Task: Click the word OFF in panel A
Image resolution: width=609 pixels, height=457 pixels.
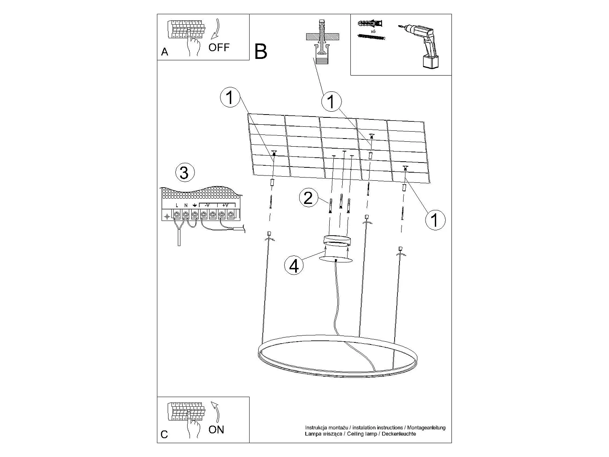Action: coord(219,48)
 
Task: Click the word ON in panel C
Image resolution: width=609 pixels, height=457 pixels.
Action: coord(216,430)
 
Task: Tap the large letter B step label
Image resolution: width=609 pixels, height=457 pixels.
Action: coord(261,52)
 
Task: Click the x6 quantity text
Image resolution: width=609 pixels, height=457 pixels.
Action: coord(373,31)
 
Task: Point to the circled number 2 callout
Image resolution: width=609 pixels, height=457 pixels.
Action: coord(308,198)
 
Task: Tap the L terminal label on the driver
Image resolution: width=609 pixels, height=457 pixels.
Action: coord(177,206)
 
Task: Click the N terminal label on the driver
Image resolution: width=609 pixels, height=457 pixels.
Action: coord(186,206)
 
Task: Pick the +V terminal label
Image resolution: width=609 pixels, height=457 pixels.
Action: coord(225,205)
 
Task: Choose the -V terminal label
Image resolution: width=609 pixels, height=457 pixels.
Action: coord(207,205)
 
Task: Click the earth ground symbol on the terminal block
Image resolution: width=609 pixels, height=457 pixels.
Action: coord(195,206)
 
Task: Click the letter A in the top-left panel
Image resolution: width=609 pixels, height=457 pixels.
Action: coord(164,52)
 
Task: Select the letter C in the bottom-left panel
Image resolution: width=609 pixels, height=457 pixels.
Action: coord(164,434)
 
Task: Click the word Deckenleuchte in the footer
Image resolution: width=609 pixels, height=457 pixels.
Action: coord(399,434)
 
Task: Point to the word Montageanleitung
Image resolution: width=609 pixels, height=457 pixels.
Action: coord(426,428)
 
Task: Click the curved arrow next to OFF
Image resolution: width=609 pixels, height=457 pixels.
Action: coord(215,29)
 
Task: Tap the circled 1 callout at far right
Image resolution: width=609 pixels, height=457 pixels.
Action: coord(435,220)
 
